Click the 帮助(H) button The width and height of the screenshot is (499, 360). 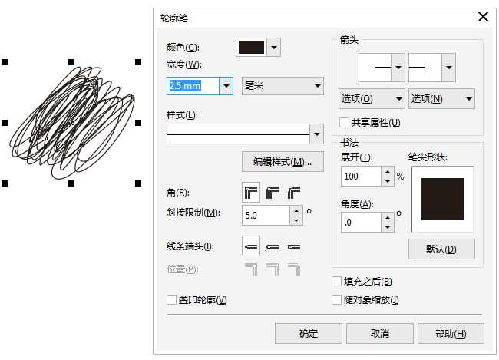coord(451,333)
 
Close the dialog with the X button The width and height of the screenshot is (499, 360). coord(483,16)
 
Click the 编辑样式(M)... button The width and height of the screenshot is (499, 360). coord(283,162)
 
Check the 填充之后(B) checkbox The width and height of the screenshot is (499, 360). coord(337,282)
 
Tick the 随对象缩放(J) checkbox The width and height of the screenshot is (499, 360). coord(337,300)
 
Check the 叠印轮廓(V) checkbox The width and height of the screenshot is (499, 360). coord(172,299)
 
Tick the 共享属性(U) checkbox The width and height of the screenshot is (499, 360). coord(345,122)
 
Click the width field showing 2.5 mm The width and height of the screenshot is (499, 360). coord(193,86)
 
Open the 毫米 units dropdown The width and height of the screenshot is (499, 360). coord(283,86)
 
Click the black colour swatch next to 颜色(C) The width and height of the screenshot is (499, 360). coord(252,48)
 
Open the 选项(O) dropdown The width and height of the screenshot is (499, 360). coord(372,99)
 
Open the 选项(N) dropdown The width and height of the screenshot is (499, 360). coord(441,99)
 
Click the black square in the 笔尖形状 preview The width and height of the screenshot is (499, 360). coord(442,200)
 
